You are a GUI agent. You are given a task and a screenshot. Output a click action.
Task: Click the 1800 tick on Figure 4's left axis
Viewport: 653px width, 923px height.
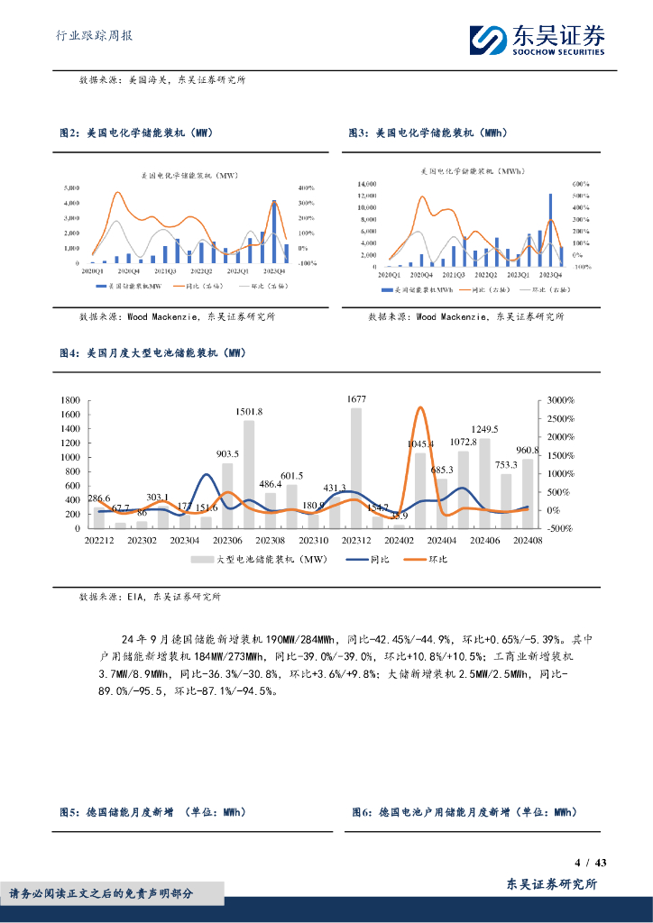(70, 400)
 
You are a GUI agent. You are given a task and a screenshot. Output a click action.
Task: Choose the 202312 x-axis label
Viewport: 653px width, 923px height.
(356, 540)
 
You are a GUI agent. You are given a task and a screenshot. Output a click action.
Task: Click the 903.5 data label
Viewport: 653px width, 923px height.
(226, 453)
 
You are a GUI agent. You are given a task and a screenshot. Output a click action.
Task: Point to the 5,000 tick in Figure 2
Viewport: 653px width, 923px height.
(70, 187)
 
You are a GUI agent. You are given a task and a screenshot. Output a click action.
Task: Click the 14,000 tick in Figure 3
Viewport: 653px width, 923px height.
(365, 182)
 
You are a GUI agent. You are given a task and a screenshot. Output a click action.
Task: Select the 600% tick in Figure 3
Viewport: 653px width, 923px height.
(581, 182)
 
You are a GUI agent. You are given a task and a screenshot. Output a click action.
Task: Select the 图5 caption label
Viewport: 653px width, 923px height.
(70, 812)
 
